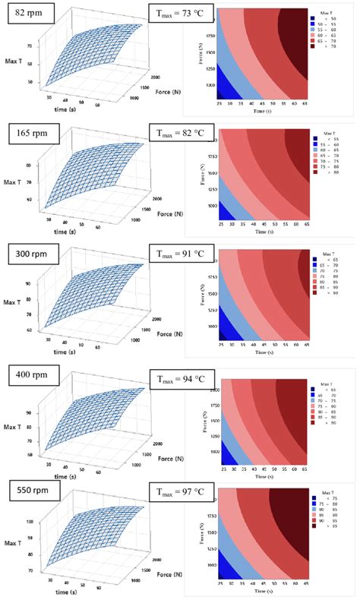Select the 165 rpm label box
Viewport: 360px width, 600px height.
point(31,135)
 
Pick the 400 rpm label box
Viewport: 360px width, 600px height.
point(31,372)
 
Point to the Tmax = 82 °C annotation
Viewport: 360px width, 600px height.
point(181,135)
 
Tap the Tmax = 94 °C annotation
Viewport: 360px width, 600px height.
point(181,372)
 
